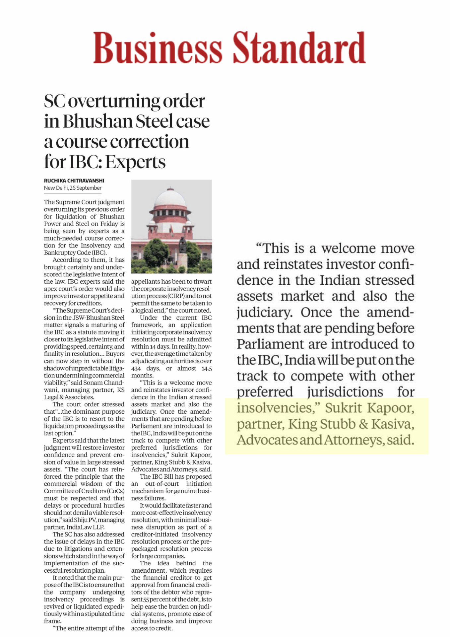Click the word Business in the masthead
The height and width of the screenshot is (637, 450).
pyautogui.click(x=158, y=48)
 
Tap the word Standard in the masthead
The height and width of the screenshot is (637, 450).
pyautogui.click(x=299, y=48)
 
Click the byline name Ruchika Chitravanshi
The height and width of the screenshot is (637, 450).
pyautogui.click(x=74, y=181)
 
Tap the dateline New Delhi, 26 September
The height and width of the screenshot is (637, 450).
pyautogui.click(x=73, y=188)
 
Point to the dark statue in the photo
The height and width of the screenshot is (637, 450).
pyautogui.click(x=182, y=246)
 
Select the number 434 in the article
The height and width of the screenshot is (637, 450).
pyautogui.click(x=136, y=369)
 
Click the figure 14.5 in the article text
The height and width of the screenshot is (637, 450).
pyautogui.click(x=207, y=369)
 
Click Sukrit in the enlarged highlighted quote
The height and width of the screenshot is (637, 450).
pyautogui.click(x=343, y=408)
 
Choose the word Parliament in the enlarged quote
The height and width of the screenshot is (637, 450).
pyautogui.click(x=270, y=344)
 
